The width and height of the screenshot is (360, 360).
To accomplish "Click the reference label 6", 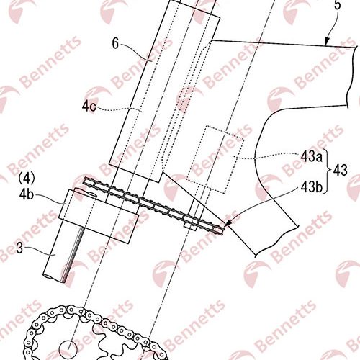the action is (115, 44).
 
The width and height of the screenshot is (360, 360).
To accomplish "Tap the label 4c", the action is (89, 107).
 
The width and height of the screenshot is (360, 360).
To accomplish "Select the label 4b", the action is (27, 194).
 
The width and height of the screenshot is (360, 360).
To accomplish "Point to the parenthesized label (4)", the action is (27, 179).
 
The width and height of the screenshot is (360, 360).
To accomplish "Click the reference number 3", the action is (19, 248).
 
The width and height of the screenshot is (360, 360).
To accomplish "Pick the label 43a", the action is (312, 157).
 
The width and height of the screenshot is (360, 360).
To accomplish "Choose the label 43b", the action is (312, 186).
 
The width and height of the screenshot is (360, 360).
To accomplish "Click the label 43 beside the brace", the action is (341, 171).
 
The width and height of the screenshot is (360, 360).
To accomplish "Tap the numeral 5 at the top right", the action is (338, 5).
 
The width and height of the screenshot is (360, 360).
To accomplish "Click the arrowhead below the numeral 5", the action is (327, 42).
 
